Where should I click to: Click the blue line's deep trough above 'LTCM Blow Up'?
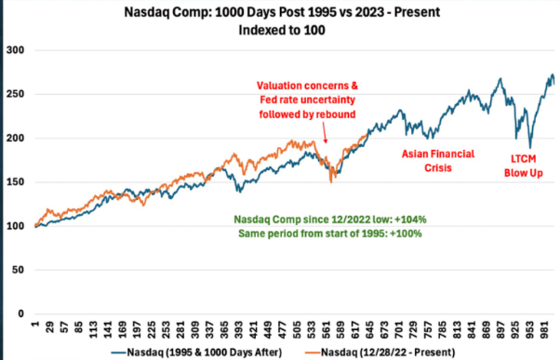point(530,146)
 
